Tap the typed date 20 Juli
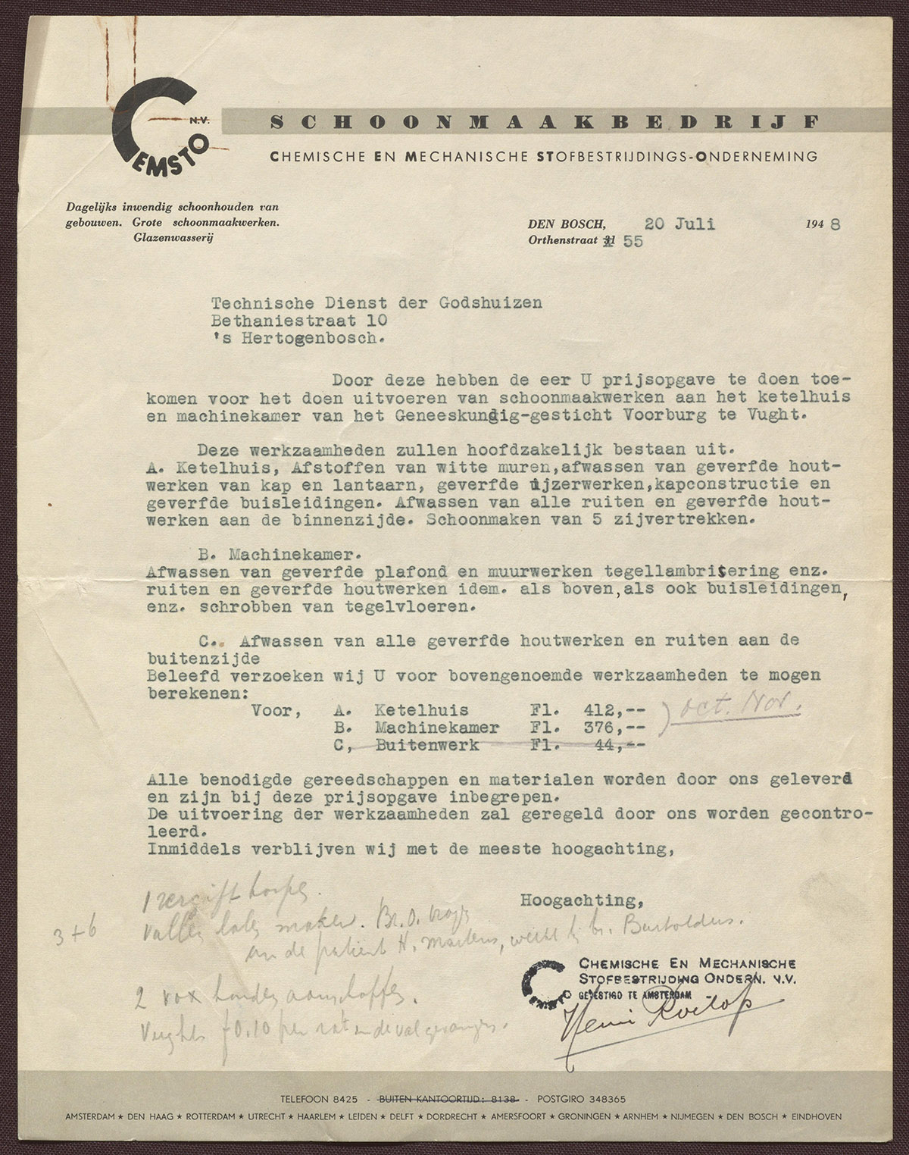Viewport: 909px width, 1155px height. (x=679, y=224)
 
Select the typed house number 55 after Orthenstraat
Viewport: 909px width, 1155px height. (x=632, y=242)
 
